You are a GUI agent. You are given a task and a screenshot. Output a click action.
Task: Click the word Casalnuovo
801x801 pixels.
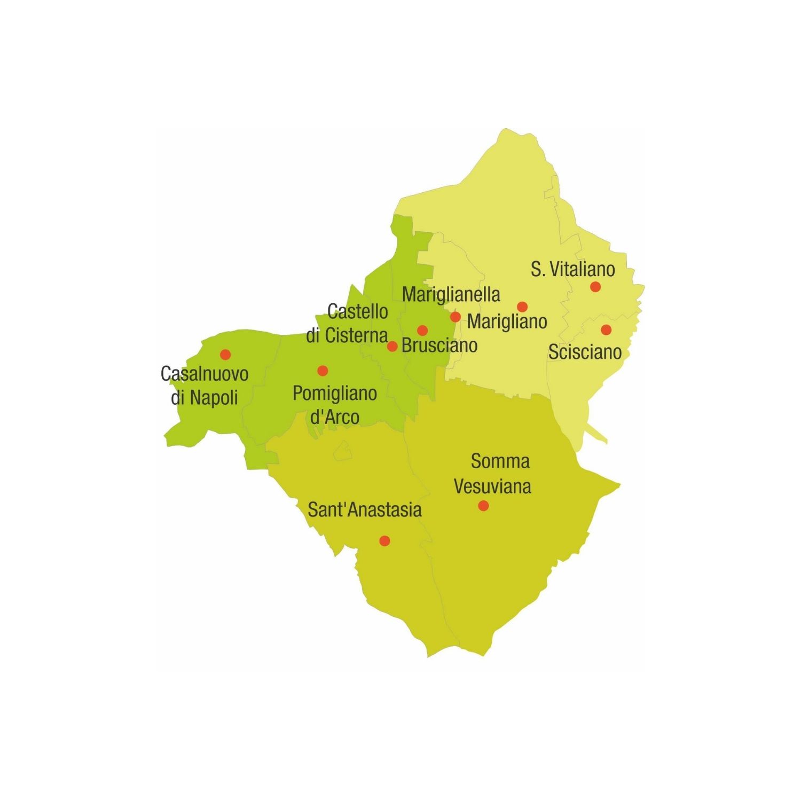(x=205, y=374)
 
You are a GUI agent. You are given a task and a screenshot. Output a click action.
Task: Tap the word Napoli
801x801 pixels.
(x=214, y=397)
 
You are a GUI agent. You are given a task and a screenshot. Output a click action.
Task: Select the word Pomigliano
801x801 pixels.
(x=335, y=394)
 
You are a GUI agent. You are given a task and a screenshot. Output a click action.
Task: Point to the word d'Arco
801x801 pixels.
(x=335, y=417)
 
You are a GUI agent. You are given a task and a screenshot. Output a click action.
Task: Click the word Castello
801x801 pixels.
(x=358, y=311)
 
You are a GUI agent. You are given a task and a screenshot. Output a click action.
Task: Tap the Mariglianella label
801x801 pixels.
(x=451, y=294)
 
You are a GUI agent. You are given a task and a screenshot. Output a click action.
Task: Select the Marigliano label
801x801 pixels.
(x=507, y=321)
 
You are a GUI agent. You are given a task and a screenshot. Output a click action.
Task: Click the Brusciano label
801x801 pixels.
(x=439, y=345)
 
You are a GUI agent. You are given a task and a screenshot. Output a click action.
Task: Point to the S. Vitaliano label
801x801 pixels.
(x=572, y=269)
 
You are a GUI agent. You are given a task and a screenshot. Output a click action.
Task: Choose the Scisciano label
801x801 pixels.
(x=585, y=352)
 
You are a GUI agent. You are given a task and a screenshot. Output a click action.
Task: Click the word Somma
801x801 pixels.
(x=500, y=461)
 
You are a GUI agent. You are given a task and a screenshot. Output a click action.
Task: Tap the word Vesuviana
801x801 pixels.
(x=492, y=486)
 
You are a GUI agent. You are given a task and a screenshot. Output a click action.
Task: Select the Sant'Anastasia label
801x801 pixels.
(x=365, y=509)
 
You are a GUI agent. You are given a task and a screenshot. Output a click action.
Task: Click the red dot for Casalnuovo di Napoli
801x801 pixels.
(x=225, y=354)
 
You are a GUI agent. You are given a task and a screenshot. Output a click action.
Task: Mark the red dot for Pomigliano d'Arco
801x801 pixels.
(x=323, y=371)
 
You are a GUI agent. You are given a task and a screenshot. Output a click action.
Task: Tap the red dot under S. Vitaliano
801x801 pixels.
(x=595, y=287)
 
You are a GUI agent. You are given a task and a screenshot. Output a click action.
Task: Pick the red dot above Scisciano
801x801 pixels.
(x=606, y=329)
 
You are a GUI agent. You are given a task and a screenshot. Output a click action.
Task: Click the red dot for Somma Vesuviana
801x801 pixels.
(x=483, y=505)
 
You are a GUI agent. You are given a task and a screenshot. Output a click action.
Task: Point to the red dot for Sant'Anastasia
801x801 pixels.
(x=384, y=541)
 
